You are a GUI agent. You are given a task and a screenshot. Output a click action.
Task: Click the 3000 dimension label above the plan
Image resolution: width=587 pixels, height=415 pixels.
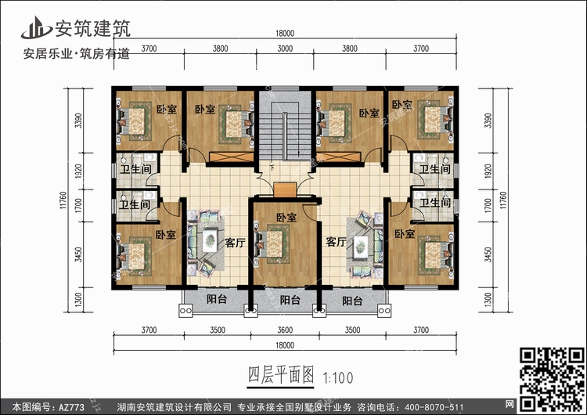pyautogui.click(x=285, y=49)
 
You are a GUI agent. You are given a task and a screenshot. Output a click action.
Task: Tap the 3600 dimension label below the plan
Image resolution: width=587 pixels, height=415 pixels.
pyautogui.click(x=285, y=330)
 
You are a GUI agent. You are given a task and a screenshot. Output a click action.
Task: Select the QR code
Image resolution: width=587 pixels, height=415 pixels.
pyautogui.click(x=553, y=379)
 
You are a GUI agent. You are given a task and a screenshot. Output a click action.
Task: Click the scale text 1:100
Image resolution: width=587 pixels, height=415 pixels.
pyautogui.click(x=337, y=378)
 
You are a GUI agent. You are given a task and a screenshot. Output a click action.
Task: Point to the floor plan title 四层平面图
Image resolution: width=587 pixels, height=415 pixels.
pyautogui.click(x=281, y=375)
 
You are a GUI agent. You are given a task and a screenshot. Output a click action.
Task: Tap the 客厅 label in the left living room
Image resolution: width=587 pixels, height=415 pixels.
pyautogui.click(x=235, y=243)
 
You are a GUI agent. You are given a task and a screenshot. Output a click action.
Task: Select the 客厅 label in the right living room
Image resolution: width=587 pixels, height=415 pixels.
pyautogui.click(x=336, y=242)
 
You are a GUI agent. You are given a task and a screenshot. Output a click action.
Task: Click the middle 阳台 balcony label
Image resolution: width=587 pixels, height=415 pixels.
pyautogui.click(x=290, y=300)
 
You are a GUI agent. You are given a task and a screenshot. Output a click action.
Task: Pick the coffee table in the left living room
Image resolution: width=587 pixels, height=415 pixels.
pyautogui.click(x=210, y=240)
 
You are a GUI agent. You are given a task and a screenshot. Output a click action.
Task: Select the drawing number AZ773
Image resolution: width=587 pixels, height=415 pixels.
pyautogui.click(x=71, y=407)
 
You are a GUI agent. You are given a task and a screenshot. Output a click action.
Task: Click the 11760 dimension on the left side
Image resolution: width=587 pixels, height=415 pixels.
pyautogui.click(x=63, y=200)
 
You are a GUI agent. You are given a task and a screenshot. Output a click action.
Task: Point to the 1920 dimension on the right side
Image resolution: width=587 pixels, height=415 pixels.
pyautogui.click(x=488, y=171)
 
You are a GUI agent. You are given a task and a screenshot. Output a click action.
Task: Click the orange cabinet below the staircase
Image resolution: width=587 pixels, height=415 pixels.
pyautogui.click(x=285, y=189)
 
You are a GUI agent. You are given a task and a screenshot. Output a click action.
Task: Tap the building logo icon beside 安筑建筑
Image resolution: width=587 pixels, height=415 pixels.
pyautogui.click(x=36, y=27)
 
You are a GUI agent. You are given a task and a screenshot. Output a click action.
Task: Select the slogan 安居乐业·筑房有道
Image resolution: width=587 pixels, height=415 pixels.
pyautogui.click(x=77, y=53)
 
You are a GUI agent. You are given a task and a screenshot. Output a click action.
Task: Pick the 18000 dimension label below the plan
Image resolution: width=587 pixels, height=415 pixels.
pyautogui.click(x=285, y=345)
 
